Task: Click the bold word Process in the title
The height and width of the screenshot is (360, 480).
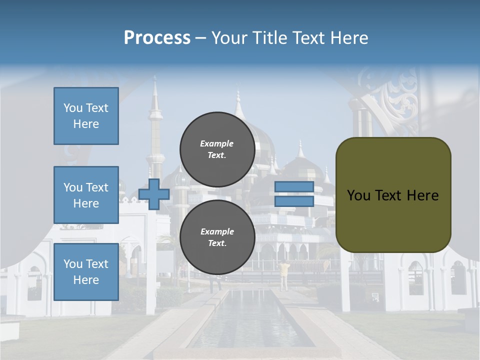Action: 157,38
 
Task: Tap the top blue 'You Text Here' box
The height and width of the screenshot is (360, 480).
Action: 86,116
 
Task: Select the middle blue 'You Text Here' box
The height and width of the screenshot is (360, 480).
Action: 86,195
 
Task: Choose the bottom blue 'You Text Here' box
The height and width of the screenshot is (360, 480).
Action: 86,272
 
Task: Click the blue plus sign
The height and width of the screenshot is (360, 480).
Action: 154,194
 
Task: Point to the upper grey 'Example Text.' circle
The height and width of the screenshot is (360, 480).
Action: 217,149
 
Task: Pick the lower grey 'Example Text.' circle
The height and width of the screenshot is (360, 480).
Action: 217,237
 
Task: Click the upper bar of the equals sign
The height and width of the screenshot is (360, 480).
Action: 294,187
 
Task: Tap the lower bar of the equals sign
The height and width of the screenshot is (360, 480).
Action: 294,201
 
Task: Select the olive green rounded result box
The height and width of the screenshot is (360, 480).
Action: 393,195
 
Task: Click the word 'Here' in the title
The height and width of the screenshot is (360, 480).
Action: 349,38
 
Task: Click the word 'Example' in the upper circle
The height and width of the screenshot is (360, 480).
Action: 216,143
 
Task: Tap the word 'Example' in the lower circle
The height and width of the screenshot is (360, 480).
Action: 217,231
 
